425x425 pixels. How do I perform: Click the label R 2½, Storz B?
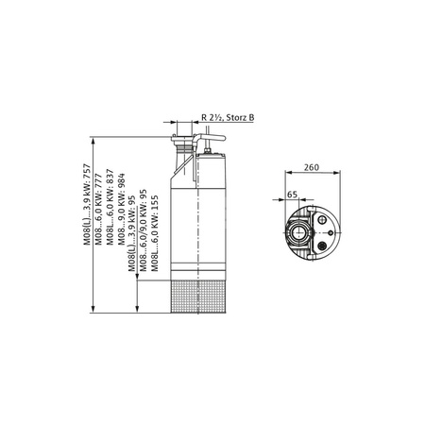pyautogui.click(x=228, y=116)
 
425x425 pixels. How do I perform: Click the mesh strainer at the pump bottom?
pyautogui.click(x=192, y=289)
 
